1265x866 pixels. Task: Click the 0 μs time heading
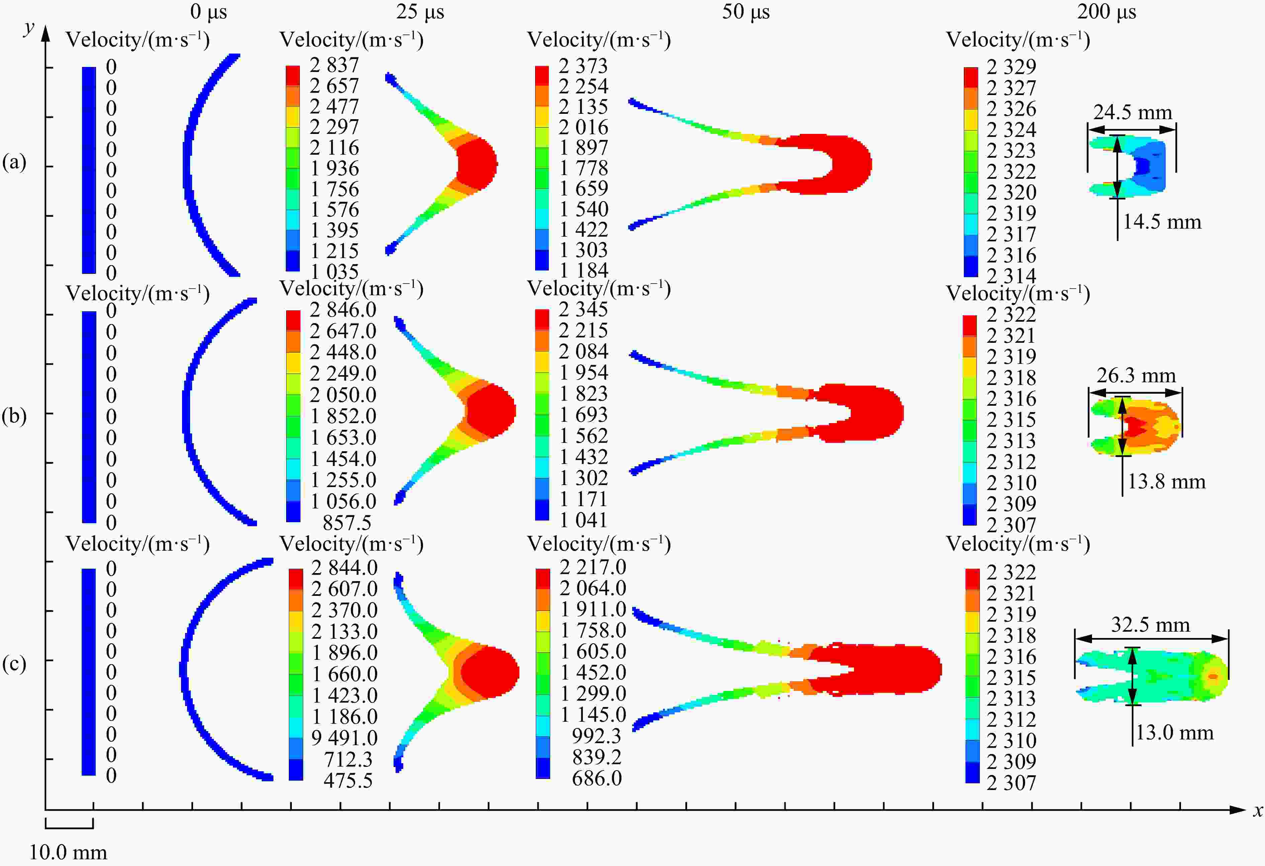coord(208,12)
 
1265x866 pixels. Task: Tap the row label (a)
coord(14,162)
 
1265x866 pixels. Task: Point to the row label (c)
coord(14,664)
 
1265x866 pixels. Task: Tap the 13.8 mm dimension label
coord(1166,482)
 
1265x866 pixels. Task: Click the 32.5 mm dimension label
coord(1150,625)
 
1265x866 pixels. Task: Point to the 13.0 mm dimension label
coord(1174,733)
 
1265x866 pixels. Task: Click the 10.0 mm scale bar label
coord(68,852)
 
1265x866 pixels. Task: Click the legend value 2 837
coord(334,65)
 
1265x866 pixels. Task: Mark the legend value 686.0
coord(597,778)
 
